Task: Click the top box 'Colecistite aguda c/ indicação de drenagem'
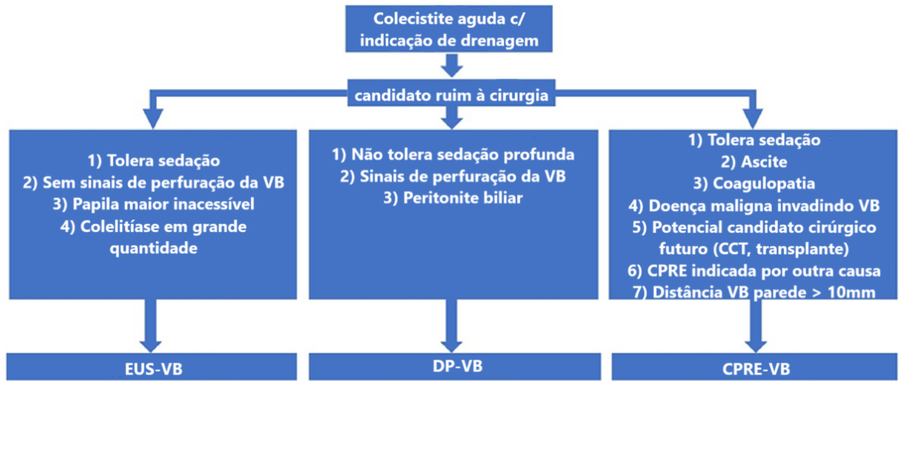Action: click(x=449, y=29)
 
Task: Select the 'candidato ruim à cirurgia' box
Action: click(x=451, y=94)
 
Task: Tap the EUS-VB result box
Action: click(x=151, y=367)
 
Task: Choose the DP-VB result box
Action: click(x=454, y=366)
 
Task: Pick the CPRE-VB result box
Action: click(x=754, y=367)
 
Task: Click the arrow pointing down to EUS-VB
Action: click(x=151, y=326)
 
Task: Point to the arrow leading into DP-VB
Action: click(x=451, y=326)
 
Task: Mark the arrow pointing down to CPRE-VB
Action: click(x=755, y=326)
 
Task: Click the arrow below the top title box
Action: click(x=452, y=65)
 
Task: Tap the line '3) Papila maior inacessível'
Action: click(x=153, y=205)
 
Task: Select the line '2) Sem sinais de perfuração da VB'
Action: click(x=153, y=182)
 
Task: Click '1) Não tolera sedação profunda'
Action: click(x=453, y=155)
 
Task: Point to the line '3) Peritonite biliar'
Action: click(x=453, y=199)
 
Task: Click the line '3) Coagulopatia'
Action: click(x=754, y=184)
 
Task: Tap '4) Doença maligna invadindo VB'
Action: click(x=754, y=205)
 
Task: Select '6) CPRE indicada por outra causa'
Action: click(x=754, y=271)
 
